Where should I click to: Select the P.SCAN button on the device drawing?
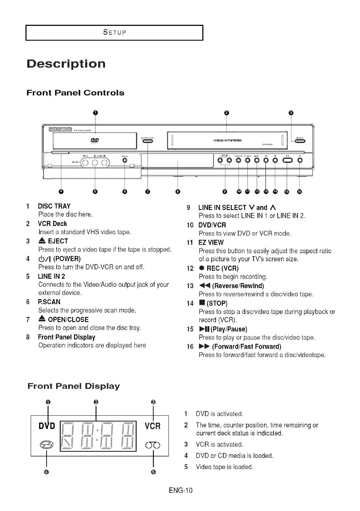125,160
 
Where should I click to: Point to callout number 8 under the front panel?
178,191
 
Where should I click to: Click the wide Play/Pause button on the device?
287,161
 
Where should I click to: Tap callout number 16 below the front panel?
299,191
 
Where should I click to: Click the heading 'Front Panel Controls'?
75,93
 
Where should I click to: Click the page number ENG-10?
180,490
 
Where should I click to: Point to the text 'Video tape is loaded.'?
224,467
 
